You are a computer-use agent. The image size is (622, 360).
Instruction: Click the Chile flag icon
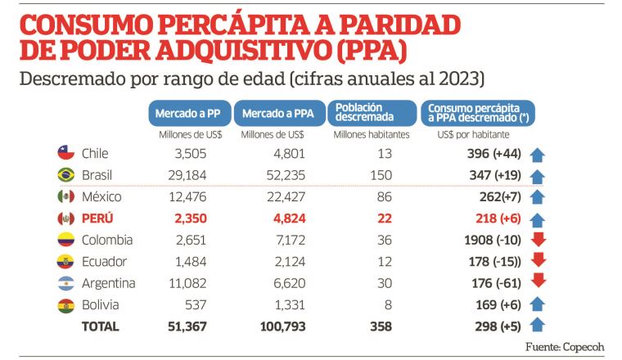point(65,153)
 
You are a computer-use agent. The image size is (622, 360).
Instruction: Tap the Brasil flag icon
point(65,174)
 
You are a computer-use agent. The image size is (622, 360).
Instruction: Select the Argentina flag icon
point(65,283)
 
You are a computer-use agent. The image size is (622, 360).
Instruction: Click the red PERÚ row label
point(99,218)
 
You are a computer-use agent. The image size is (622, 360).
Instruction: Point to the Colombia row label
point(108,240)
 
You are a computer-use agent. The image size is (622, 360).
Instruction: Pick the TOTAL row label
point(101,326)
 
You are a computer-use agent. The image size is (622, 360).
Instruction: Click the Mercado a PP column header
point(187,113)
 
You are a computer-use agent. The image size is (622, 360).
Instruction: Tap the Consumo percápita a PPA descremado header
point(478,113)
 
